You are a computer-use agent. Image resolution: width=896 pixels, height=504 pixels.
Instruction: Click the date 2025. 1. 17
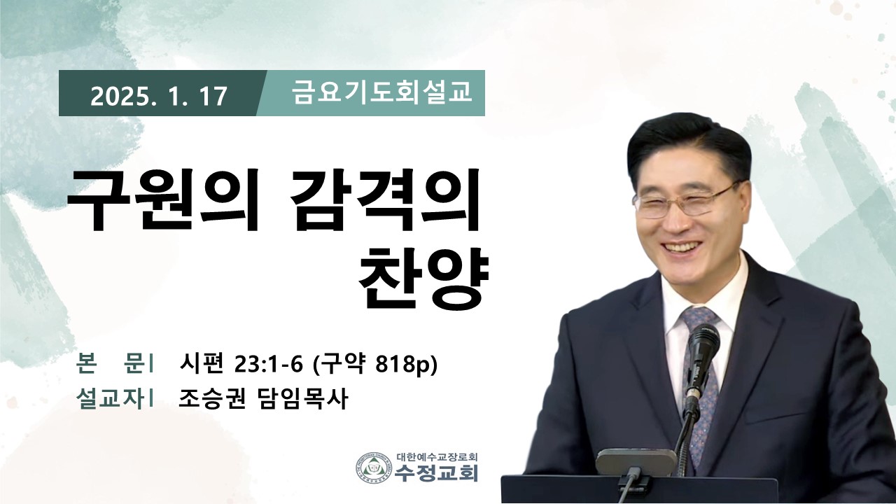158,97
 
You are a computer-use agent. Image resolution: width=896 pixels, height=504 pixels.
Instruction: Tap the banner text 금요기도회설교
382,92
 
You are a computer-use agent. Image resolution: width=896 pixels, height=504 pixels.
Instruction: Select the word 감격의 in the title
385,199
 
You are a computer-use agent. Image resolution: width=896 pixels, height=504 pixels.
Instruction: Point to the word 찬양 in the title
424,276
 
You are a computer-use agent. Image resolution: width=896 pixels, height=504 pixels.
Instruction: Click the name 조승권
211,398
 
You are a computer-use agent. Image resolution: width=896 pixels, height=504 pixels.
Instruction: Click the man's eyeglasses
686,202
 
